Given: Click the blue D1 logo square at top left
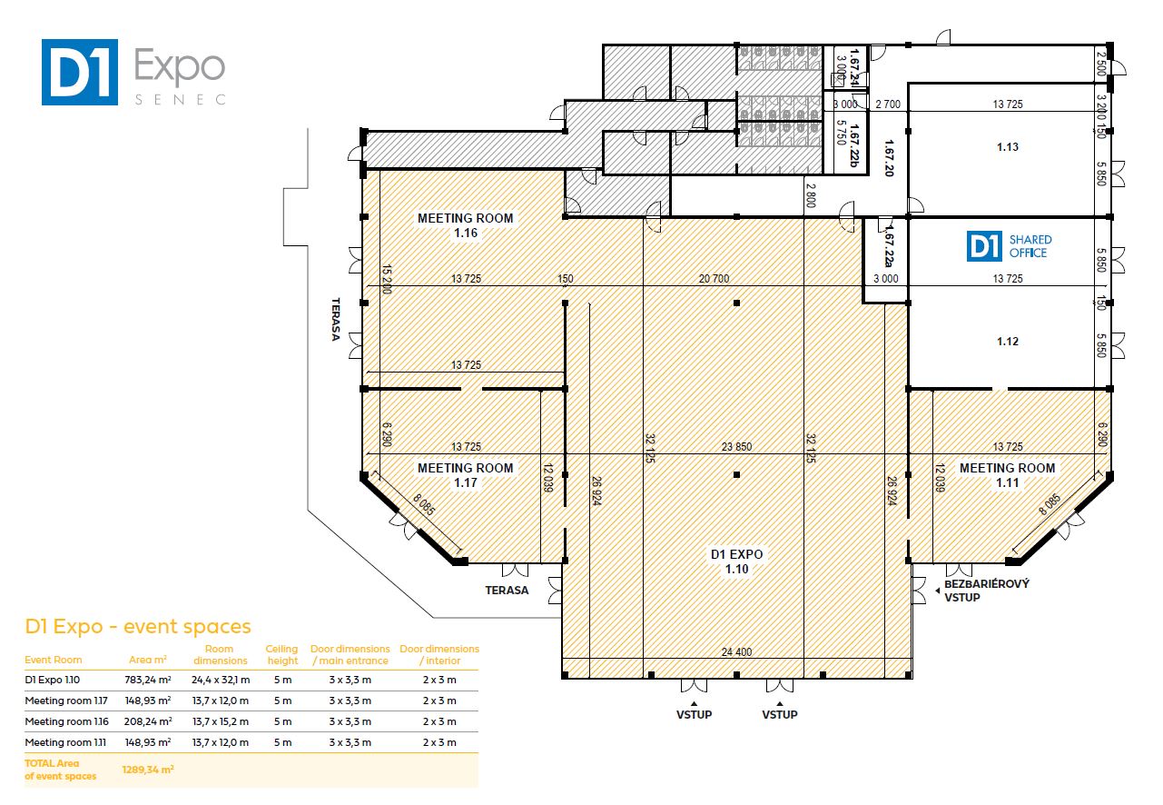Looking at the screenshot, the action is coord(79,72).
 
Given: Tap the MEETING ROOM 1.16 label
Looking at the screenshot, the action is coord(465,225).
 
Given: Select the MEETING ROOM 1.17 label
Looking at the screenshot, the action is coord(465,475).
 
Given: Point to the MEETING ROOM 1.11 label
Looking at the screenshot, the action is coord(1007,475).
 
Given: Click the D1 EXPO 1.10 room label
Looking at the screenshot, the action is coord(736,562).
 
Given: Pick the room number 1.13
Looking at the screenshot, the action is coord(1008,147).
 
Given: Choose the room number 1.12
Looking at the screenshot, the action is coord(1008,342).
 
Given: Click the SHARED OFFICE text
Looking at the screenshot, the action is coord(1030,246).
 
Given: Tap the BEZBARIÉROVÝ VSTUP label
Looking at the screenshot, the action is coord(987,591).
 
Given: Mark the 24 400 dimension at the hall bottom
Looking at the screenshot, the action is coord(736,651).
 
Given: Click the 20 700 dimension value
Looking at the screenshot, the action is coord(714,279).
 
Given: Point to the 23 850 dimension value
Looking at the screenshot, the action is coord(736,446).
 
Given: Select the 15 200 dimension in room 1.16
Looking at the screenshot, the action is coord(386,279).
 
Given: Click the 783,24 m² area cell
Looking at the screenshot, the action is coord(148,680).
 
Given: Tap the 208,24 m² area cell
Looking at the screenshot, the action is coord(148,721).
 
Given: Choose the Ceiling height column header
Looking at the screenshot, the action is coord(282,655).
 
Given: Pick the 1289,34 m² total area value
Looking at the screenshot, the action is coord(148,770).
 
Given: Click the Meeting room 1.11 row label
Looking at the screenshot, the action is coord(65,742).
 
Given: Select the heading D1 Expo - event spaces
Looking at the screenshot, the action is coord(138,627).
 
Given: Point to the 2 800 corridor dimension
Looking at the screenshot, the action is coord(811,195).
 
